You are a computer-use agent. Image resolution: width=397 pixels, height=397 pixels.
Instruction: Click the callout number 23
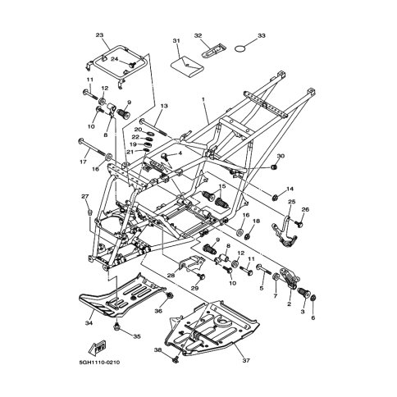coord(100,35)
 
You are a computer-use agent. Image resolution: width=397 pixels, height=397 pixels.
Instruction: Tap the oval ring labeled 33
coord(239,50)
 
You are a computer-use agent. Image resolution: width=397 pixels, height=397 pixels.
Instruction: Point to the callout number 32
coord(198,36)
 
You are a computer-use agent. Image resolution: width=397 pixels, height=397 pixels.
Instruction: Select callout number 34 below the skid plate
coord(88,323)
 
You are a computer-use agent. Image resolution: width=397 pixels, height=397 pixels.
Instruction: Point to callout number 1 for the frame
coord(203,98)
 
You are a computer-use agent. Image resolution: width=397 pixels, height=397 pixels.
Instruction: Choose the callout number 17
coord(83,162)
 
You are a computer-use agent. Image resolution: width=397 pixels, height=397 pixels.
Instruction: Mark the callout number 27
coord(84,197)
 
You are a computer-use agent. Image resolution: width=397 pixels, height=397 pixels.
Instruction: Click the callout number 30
coord(281,156)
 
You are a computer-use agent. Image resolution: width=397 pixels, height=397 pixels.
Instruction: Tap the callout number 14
coord(290,189)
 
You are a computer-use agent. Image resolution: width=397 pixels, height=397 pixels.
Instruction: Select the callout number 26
coord(306,209)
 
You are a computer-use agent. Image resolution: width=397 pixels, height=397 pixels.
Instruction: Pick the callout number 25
coord(290,225)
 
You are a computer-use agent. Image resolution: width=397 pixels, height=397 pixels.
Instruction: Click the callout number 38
coord(157,350)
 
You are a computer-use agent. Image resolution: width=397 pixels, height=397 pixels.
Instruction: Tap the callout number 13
coord(163,107)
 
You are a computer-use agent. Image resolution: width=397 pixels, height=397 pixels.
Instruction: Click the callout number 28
coord(171,276)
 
